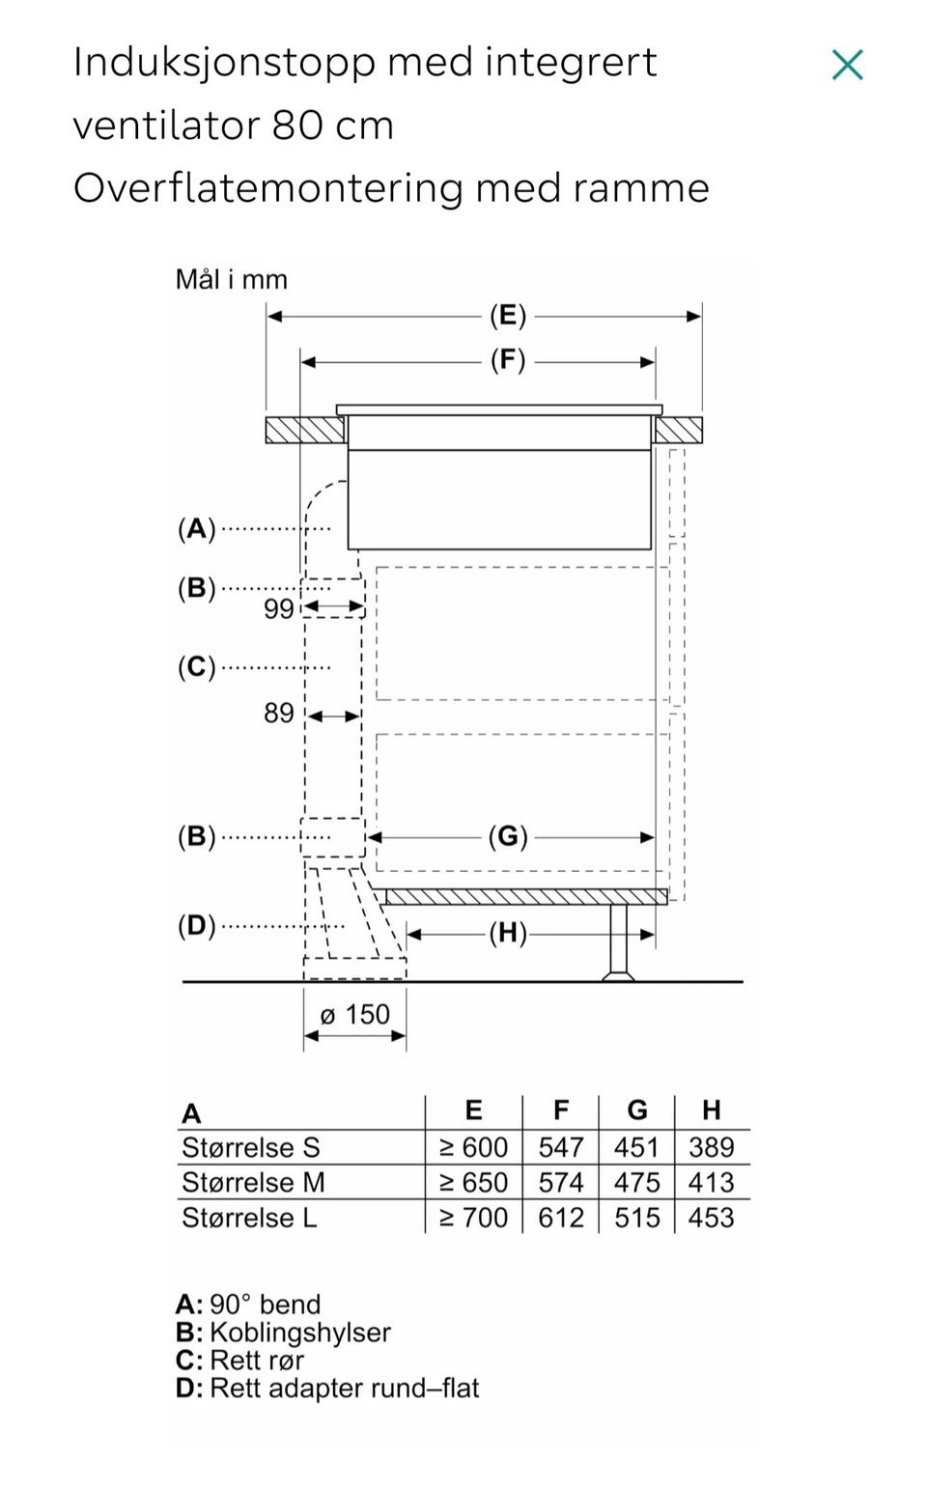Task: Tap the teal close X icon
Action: [x=847, y=65]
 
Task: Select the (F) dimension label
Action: [x=508, y=360]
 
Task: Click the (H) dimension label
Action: [x=508, y=933]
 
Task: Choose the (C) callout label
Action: [x=197, y=666]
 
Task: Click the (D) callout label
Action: [x=197, y=925]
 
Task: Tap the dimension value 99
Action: [x=278, y=608]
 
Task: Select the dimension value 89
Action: [x=278, y=713]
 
